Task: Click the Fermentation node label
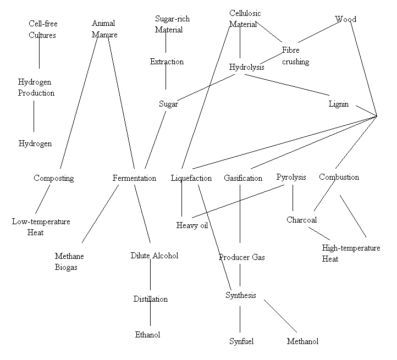coord(134,178)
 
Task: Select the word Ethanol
coord(147,335)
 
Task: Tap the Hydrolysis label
coord(246,67)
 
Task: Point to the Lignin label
coord(339,104)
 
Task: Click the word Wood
coord(346,19)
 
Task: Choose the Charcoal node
coord(301,220)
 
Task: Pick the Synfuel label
coord(241,341)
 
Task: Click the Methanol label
coord(302,341)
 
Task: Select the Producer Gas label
coord(242,257)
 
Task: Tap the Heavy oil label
coord(192,225)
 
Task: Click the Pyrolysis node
coord(291,177)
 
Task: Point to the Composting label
coord(54,178)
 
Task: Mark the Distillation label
coord(151,299)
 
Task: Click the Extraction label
coord(167,62)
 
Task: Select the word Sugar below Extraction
coord(168,104)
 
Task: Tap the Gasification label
coord(243,178)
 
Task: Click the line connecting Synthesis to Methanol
coord(280,316)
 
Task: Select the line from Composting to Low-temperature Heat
coord(42,200)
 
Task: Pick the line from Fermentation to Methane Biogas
coord(100,214)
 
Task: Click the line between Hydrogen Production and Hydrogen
coord(34,116)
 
